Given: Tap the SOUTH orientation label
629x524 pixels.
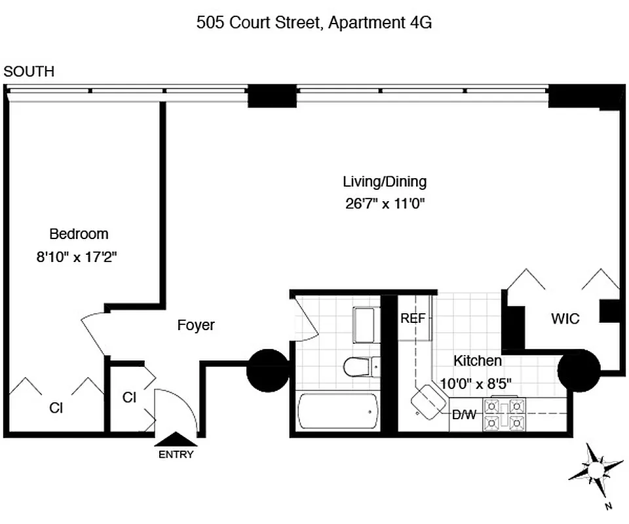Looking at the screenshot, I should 29,72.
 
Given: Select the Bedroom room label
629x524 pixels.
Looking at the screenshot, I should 79,234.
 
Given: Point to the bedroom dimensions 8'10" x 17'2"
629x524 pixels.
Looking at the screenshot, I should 76,257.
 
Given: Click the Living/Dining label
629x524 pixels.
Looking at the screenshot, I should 385,181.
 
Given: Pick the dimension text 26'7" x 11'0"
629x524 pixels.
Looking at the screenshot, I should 385,203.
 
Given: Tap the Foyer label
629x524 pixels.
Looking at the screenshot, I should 196,325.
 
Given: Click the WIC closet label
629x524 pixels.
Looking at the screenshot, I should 565,320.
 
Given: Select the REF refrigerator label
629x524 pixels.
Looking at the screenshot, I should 413,319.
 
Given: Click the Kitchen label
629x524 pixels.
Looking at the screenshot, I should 478,361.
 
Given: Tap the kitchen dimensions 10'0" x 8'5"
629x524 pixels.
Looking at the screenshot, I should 476,383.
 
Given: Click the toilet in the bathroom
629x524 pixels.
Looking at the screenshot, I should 359,366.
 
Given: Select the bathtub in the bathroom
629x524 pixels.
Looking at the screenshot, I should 338,412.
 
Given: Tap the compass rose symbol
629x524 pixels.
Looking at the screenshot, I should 596,470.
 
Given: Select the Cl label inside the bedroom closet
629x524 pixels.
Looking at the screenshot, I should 56,408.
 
